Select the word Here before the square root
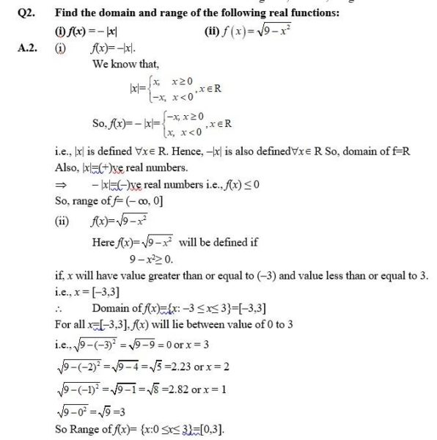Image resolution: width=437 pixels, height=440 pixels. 103,243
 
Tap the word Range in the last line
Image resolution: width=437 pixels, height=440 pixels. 89,428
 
